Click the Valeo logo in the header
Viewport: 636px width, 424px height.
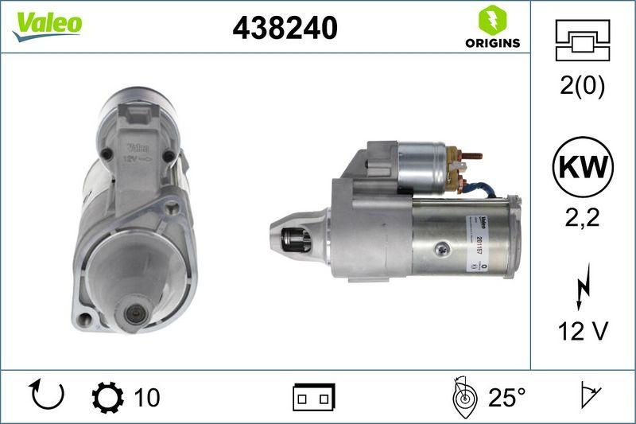point(47,24)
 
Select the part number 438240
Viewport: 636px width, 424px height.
point(285,28)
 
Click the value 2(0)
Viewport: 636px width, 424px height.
point(582,86)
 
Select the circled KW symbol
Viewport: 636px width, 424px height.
point(583,168)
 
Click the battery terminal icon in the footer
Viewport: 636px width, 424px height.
point(315,396)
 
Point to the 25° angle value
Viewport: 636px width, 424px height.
point(507,396)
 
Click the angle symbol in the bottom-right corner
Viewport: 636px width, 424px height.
point(588,395)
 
